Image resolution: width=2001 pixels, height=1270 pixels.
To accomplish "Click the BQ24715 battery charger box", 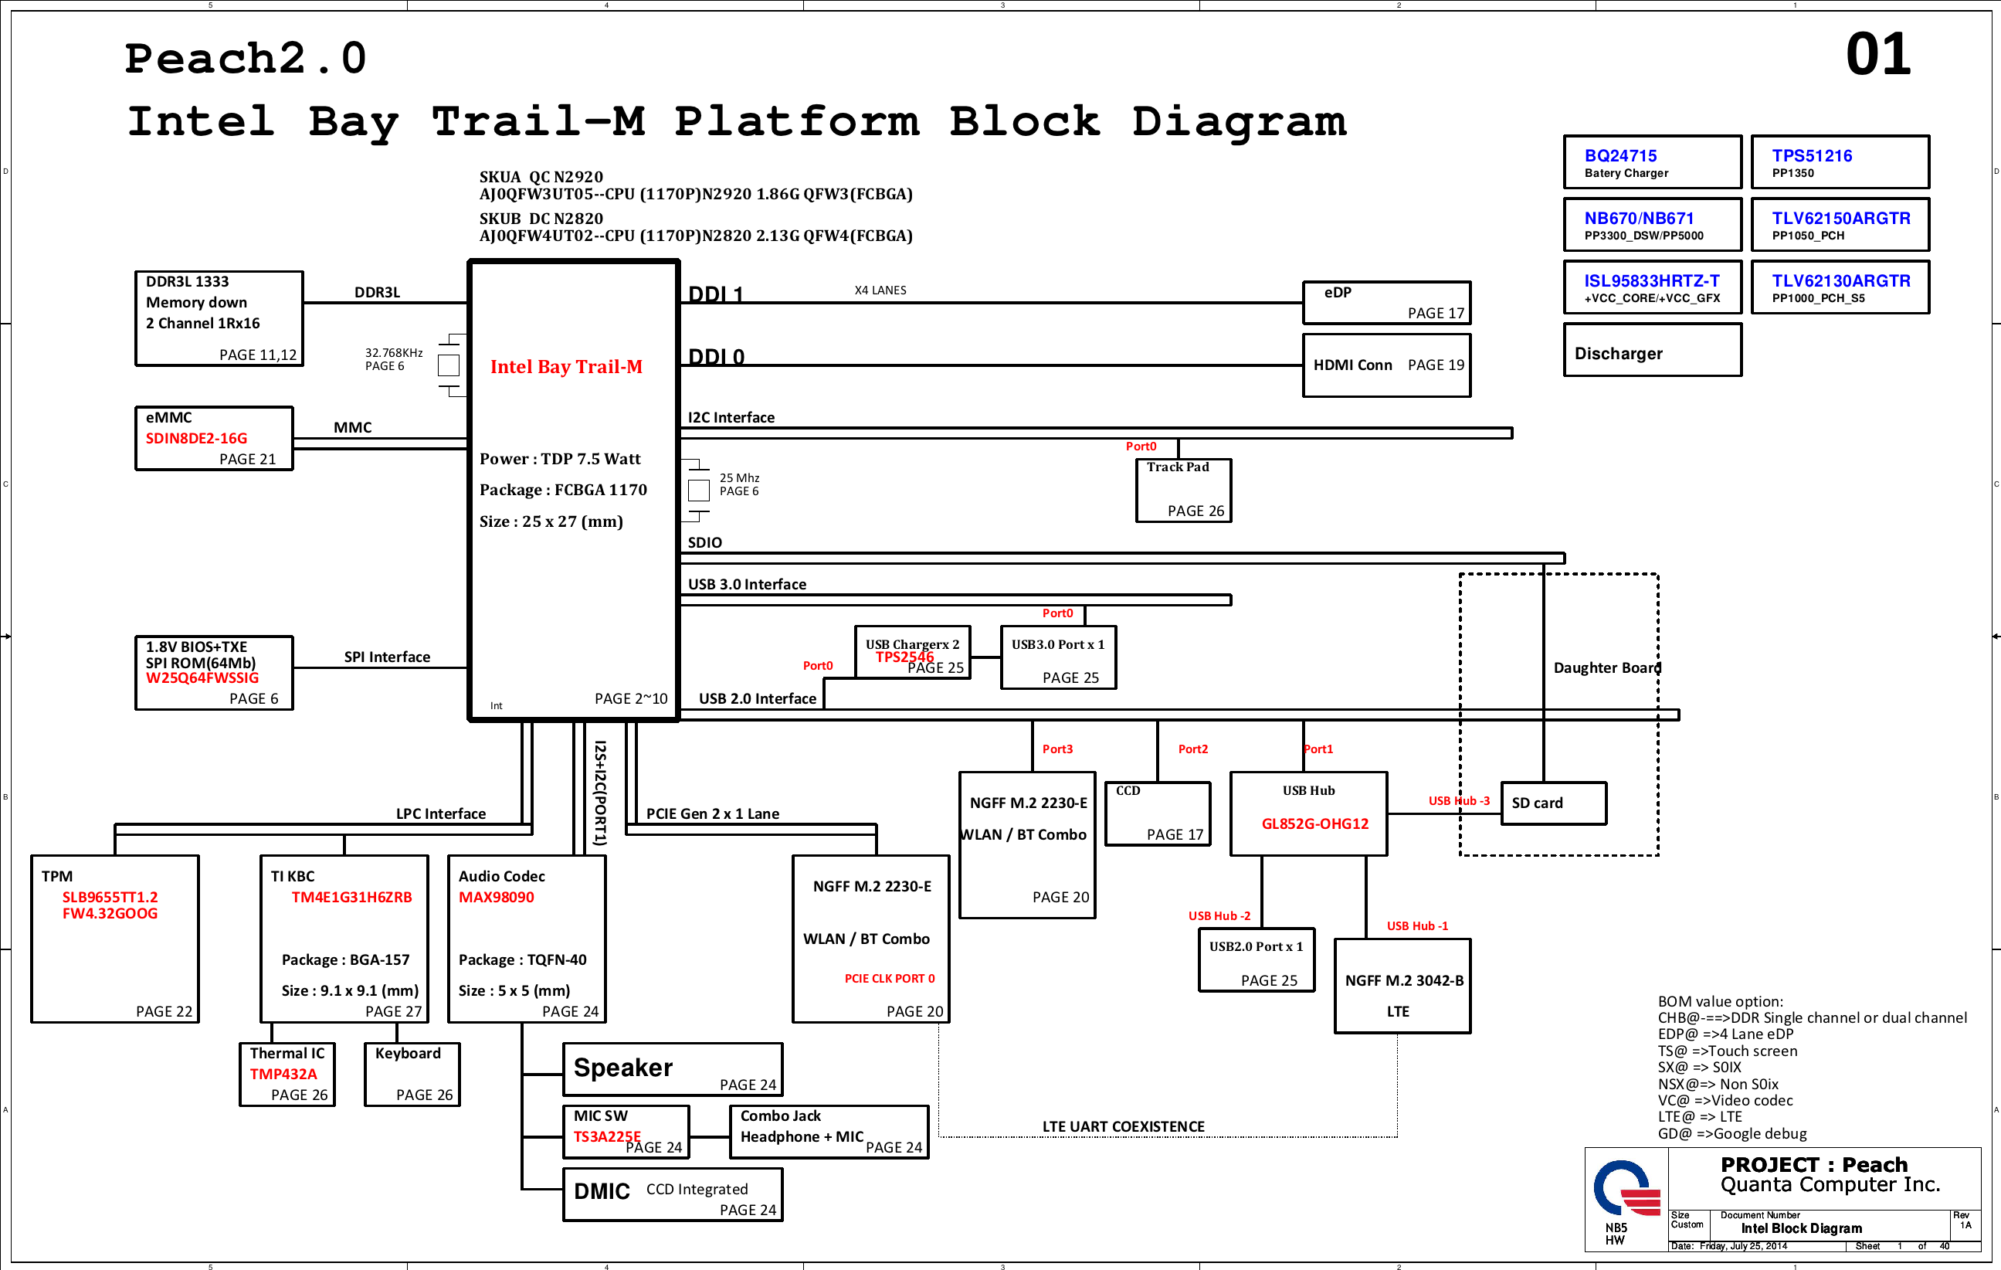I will pyautogui.click(x=1652, y=162).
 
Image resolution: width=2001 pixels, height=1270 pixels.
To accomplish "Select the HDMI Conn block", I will pyautogui.click(x=1386, y=365).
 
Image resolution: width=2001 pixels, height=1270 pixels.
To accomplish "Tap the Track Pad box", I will pyautogui.click(x=1183, y=491).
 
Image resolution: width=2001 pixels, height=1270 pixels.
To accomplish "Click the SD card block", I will pyautogui.click(x=1553, y=803).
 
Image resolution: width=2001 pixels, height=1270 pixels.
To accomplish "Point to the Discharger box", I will pyautogui.click(x=1652, y=351).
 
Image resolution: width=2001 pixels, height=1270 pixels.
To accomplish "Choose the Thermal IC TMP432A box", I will pyautogui.click(x=287, y=1074).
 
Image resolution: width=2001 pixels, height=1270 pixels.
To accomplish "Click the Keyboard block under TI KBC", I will pyautogui.click(x=412, y=1074).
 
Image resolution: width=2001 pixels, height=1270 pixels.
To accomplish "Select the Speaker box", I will pyautogui.click(x=672, y=1069).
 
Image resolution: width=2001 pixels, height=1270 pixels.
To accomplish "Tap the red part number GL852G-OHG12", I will pyautogui.click(x=1314, y=823).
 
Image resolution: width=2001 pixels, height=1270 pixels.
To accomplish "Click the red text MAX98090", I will pyautogui.click(x=496, y=898).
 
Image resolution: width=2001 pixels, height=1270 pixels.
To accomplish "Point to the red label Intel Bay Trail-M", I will pyautogui.click(x=566, y=366).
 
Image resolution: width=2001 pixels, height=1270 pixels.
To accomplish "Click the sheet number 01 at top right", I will pyautogui.click(x=1877, y=55).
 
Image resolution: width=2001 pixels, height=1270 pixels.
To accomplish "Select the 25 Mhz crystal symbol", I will pyautogui.click(x=699, y=490).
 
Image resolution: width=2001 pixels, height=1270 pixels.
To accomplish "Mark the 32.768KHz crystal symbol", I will pyautogui.click(x=449, y=365).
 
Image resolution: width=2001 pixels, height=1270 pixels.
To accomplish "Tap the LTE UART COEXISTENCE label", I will pyautogui.click(x=1123, y=1127).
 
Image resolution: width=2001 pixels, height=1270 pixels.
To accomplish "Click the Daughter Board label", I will pyautogui.click(x=1606, y=668).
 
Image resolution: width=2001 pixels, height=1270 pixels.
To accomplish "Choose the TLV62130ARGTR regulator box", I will pyautogui.click(x=1840, y=287).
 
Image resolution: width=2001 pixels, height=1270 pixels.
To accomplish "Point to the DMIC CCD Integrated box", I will pyautogui.click(x=672, y=1194).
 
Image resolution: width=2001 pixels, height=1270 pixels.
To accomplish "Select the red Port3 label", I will pyautogui.click(x=1057, y=749).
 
